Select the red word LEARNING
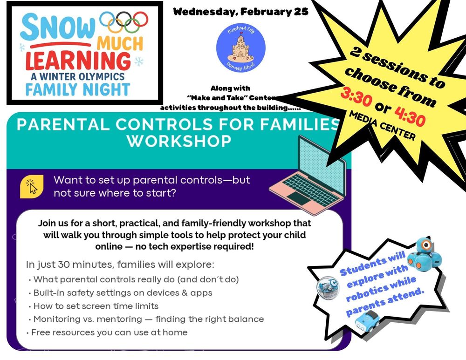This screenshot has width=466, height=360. click(78, 61)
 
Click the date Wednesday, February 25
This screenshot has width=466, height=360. click(240, 12)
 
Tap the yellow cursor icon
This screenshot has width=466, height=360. click(32, 185)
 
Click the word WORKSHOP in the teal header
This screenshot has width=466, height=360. click(179, 141)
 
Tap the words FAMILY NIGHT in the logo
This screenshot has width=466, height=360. click(77, 88)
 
